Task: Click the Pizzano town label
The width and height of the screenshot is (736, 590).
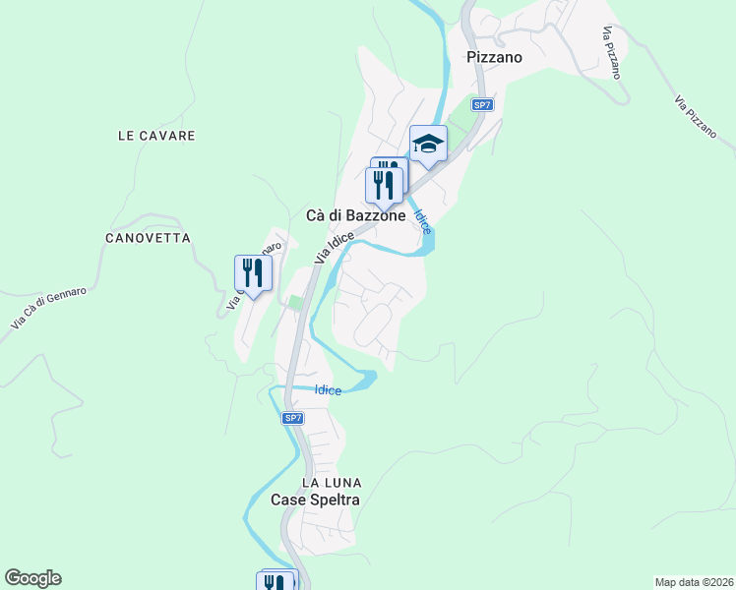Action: point(494,57)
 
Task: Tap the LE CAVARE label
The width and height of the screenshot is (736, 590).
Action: point(156,136)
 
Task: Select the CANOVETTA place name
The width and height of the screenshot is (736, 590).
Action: point(147,238)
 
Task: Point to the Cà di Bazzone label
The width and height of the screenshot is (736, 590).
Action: point(356,216)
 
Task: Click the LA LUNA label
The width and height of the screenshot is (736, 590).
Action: point(332,483)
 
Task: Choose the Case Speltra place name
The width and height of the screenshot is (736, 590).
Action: point(316,500)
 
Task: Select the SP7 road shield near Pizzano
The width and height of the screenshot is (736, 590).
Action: point(481,104)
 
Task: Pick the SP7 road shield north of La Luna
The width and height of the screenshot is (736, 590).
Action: point(292,418)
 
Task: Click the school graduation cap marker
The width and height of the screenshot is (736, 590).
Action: point(428,146)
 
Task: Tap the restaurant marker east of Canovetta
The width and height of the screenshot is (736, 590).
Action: point(253,272)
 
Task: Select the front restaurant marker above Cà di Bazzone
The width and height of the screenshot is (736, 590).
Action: point(384,184)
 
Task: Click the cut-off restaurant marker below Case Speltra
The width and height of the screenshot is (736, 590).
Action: point(276,581)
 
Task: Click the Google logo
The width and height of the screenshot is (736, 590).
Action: point(32,578)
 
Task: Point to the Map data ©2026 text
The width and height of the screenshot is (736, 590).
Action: point(694,582)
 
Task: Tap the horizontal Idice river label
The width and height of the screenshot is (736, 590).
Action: point(328,390)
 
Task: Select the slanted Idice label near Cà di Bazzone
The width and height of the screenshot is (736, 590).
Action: point(422,220)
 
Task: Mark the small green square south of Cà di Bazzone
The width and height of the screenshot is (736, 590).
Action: point(293,303)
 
